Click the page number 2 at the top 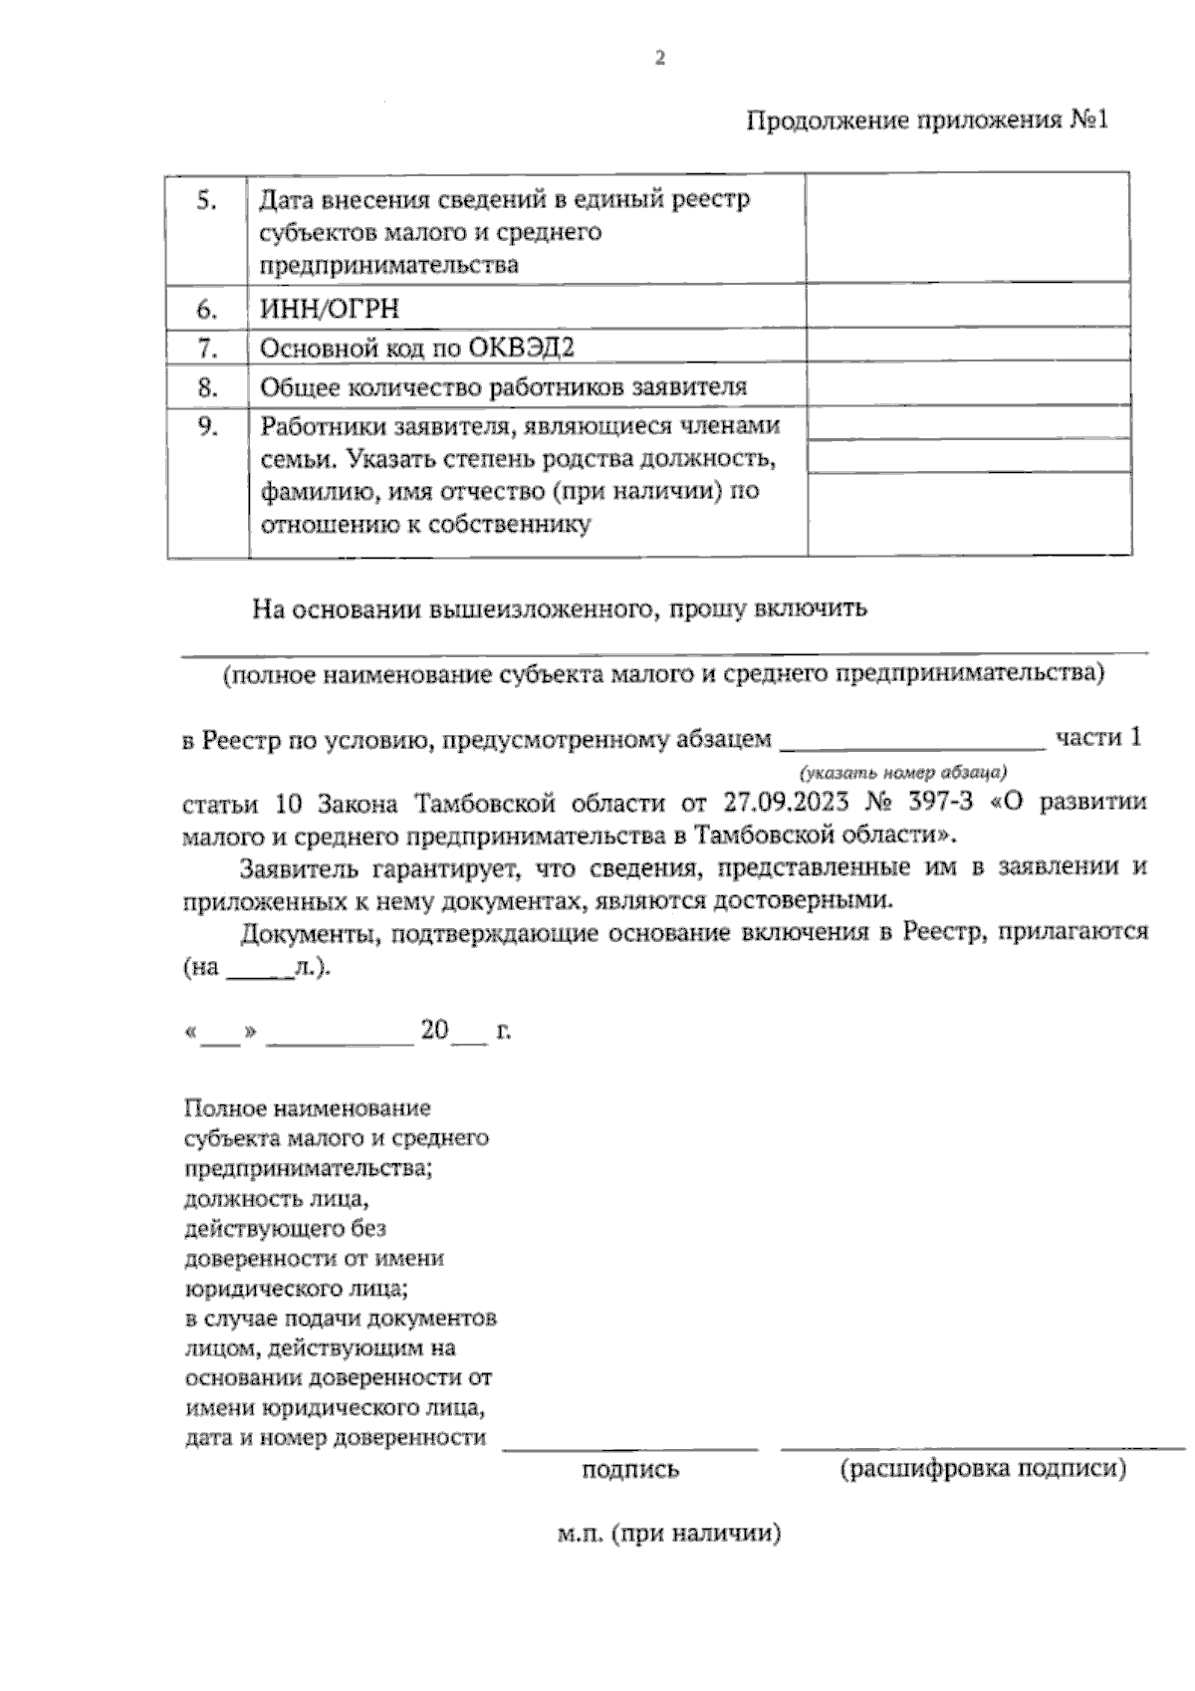point(658,58)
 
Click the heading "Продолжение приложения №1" point(926,121)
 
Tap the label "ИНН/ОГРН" point(330,309)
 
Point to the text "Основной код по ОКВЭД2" point(417,348)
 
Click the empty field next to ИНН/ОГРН point(967,308)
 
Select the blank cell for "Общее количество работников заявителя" point(967,386)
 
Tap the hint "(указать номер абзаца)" point(902,772)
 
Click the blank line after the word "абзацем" point(911,741)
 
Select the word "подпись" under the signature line point(630,1469)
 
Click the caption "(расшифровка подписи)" point(983,1469)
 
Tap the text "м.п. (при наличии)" point(668,1534)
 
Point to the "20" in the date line point(435,1030)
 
